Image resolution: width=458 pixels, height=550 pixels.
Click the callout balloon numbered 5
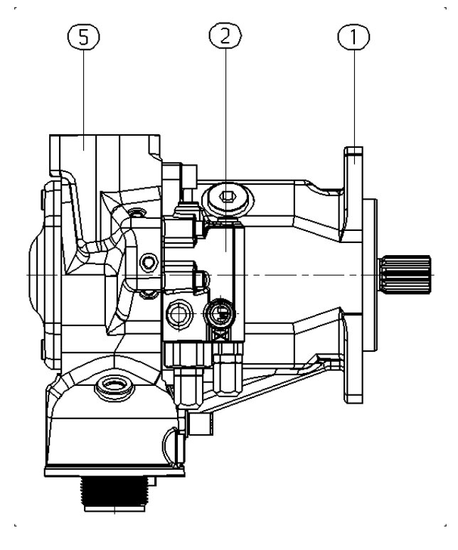point(83,37)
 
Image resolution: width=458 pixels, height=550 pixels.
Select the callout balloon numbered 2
point(225,36)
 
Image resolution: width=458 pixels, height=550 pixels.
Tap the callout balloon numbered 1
point(353,36)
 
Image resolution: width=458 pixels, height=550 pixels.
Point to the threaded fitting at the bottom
point(114,494)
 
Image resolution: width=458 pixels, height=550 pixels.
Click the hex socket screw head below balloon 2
point(228,199)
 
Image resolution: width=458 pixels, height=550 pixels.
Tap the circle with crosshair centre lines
point(179,313)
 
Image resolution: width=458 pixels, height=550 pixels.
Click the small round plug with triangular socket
point(149,262)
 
